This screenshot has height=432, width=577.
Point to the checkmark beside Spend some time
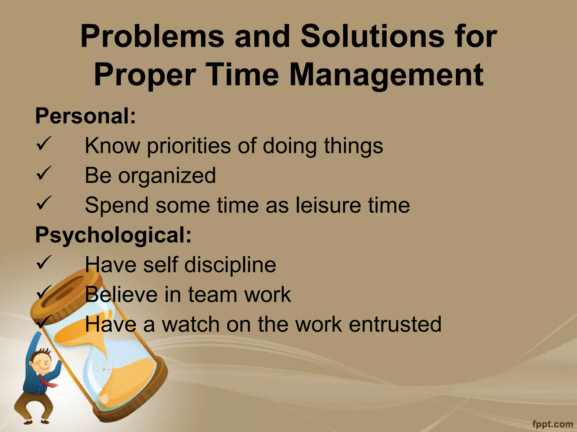tap(44, 203)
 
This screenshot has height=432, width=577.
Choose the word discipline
tap(230, 265)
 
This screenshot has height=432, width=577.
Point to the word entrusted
tap(395, 324)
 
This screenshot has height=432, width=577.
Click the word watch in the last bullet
tap(190, 324)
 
